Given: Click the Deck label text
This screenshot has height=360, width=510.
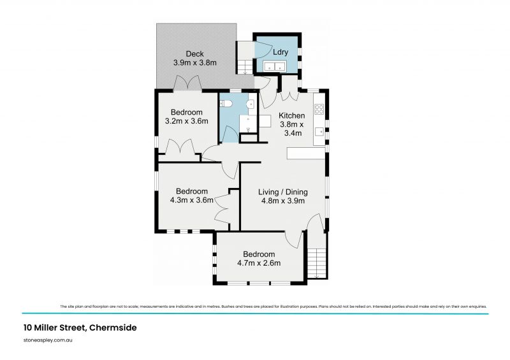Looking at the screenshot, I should point(194,54).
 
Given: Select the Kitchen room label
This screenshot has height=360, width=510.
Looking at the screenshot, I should point(291,115).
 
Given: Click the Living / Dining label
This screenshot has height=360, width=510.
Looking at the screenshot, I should point(283,192).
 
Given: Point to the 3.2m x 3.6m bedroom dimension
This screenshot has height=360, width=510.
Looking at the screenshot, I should point(187,121).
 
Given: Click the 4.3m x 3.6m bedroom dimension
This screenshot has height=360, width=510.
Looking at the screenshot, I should point(192,200).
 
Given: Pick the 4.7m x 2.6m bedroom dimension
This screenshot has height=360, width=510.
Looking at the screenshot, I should point(259,263).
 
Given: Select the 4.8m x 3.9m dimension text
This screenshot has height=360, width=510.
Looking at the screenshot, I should point(283,201).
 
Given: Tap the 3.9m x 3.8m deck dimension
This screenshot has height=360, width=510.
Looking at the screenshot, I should point(195,63).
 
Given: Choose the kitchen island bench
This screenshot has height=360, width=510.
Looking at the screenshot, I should point(305,154).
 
